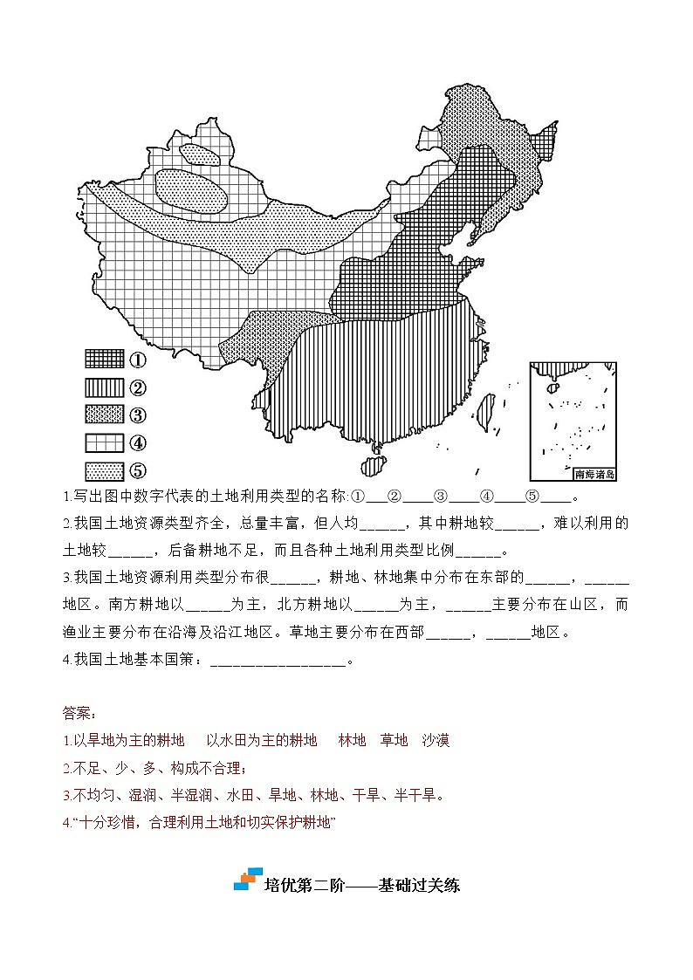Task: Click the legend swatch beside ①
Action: pyautogui.click(x=105, y=359)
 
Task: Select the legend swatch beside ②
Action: pyautogui.click(x=105, y=387)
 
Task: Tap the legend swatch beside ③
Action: pyautogui.click(x=105, y=415)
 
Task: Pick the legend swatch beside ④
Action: pyautogui.click(x=105, y=442)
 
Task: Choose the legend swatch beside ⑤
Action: pyautogui.click(x=105, y=470)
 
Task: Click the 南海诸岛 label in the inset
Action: pyautogui.click(x=595, y=475)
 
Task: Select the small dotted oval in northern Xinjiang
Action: pyautogui.click(x=201, y=154)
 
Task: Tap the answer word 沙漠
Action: pyautogui.click(x=436, y=741)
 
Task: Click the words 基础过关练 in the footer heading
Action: pyautogui.click(x=419, y=885)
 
